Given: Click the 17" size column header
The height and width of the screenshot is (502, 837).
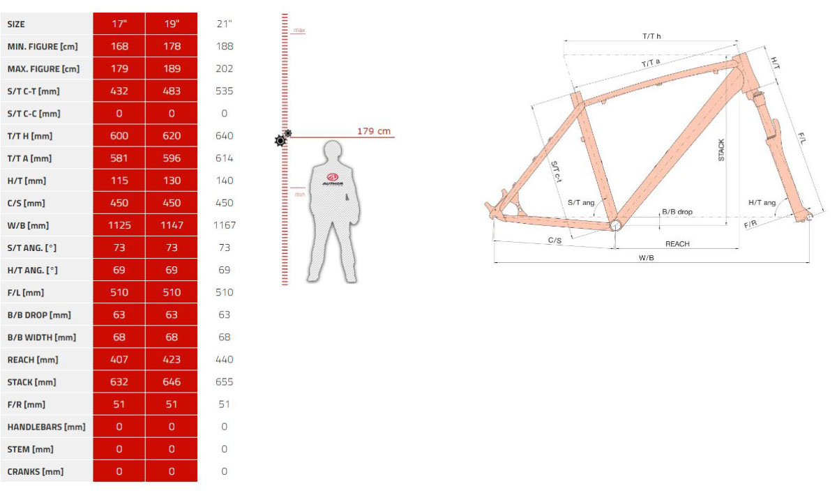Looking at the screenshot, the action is [119, 24].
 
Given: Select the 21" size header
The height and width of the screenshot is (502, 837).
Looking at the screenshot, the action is [224, 24].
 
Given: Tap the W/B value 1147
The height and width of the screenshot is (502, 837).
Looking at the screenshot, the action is [172, 225].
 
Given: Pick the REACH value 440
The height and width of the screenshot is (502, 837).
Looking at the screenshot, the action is [224, 359].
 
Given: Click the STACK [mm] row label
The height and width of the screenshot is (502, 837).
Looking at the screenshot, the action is [32, 382].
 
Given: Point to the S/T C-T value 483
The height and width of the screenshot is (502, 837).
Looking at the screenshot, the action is [172, 91].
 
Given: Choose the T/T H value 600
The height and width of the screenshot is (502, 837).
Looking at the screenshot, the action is [119, 135].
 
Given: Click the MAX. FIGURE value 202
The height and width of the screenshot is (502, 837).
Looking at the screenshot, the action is [224, 69].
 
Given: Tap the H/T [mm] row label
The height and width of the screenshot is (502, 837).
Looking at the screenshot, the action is [27, 181].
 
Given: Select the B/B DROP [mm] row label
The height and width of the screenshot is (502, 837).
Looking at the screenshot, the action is [39, 315].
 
